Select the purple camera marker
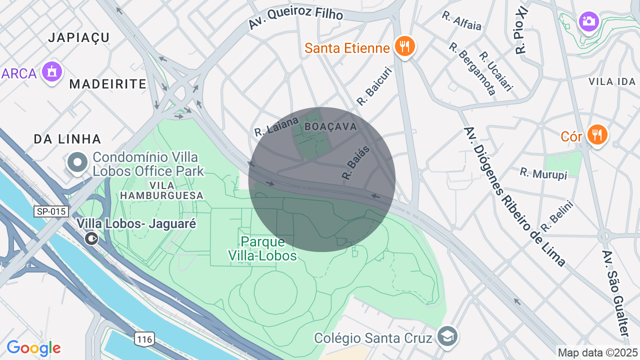click(x=589, y=21)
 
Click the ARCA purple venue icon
click(x=51, y=72)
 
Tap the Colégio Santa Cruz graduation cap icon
click(x=446, y=336)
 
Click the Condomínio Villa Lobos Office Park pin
click(x=77, y=163)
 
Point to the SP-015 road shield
click(x=51, y=211)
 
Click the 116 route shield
click(x=144, y=339)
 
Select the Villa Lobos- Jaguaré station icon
click(x=91, y=238)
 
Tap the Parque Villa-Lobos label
click(x=262, y=248)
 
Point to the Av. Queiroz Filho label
click(x=295, y=19)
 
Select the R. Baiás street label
click(x=355, y=162)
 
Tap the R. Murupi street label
click(x=543, y=173)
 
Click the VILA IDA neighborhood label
click(x=611, y=81)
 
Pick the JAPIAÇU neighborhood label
click(x=79, y=37)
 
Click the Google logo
click(x=33, y=348)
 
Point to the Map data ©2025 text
click(x=597, y=352)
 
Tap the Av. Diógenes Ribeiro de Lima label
click(x=514, y=196)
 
